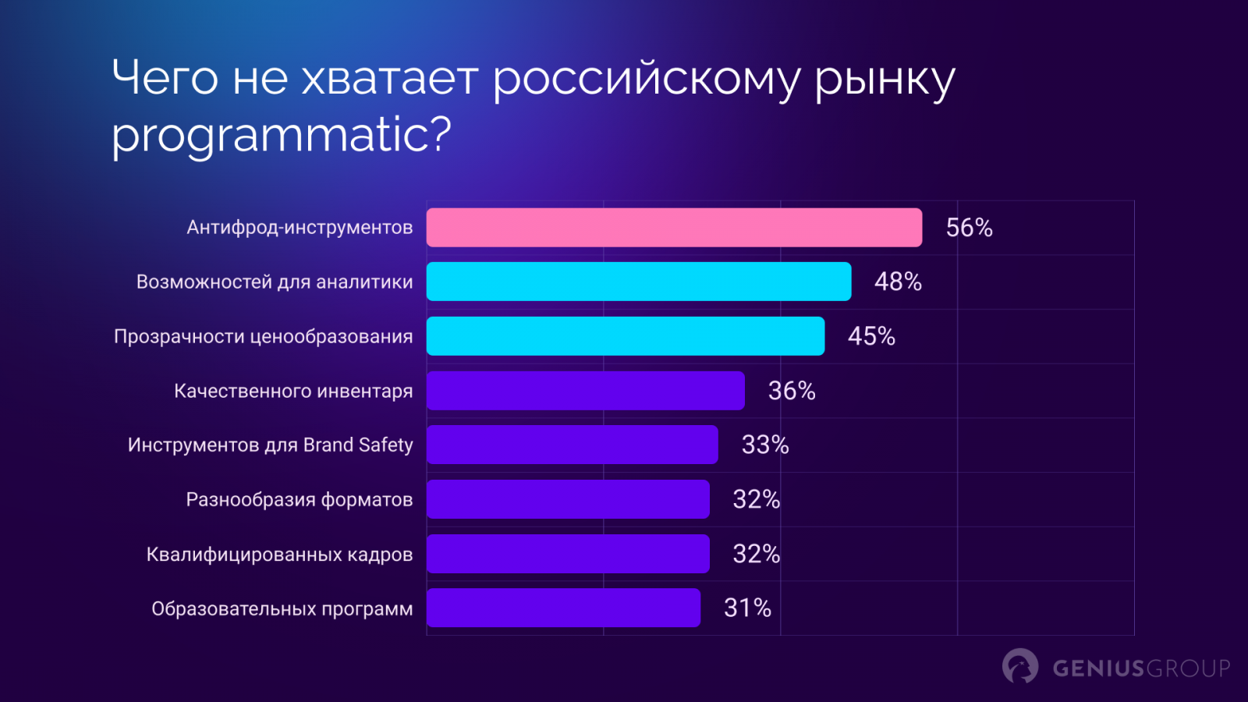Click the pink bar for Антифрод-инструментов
tap(674, 228)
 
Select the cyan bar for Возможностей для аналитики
tap(639, 282)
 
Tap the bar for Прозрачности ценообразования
tap(626, 336)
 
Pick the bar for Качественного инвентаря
tap(586, 391)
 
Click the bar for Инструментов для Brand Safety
tap(573, 445)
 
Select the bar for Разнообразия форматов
tap(568, 499)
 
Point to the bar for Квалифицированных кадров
tap(568, 554)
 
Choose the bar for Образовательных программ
tap(563, 608)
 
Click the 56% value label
tap(969, 228)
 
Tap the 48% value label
tap(898, 282)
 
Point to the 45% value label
tap(871, 336)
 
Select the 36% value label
tap(792, 391)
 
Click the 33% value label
tap(765, 445)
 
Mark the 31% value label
tap(747, 608)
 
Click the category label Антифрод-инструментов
tap(300, 228)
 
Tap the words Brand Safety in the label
tap(358, 445)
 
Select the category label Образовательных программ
tap(282, 608)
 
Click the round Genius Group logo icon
tap(1020, 666)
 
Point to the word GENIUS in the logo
tap(1098, 668)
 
